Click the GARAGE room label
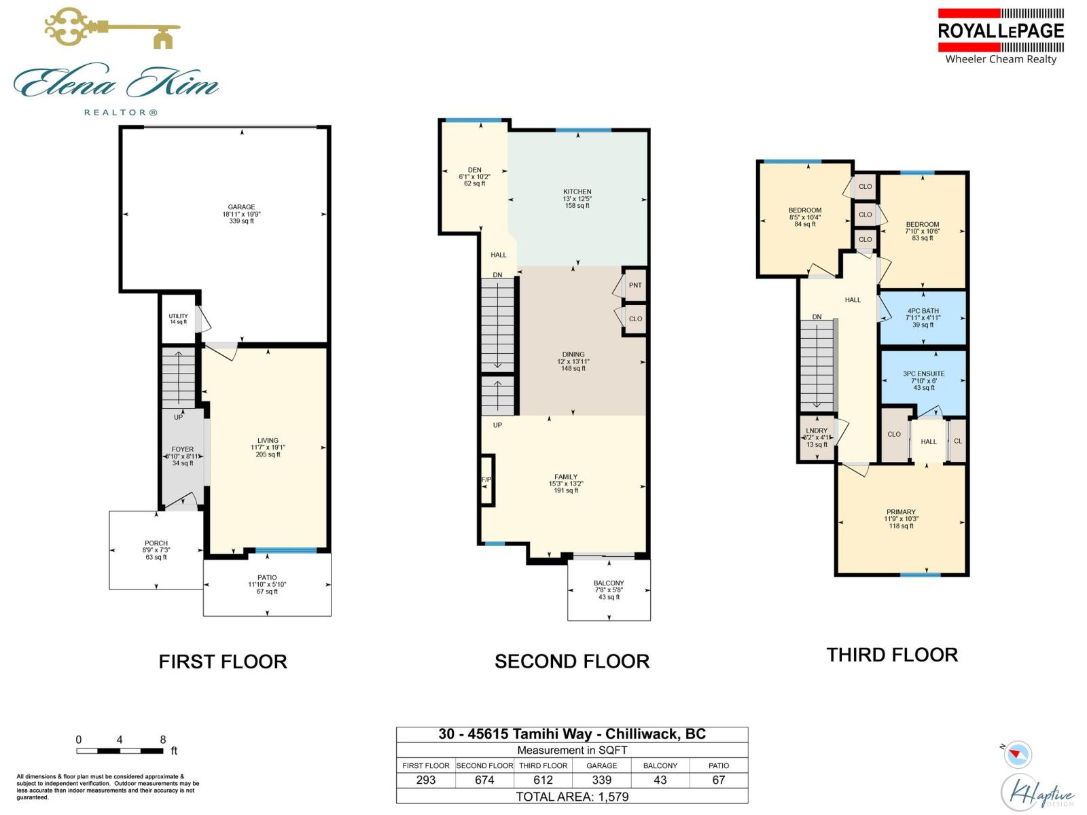tap(241, 208)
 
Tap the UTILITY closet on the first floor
tap(179, 318)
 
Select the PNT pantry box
tap(635, 285)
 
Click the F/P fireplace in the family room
tap(486, 479)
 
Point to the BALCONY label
tap(609, 583)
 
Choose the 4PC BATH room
tap(923, 317)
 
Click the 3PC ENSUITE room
tap(923, 380)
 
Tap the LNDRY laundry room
tap(817, 437)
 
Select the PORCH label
tap(156, 543)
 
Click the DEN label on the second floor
tap(474, 170)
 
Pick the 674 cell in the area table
tap(484, 780)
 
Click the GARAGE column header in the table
tap(602, 765)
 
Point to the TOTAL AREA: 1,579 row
tap(572, 797)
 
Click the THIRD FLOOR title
tap(892, 655)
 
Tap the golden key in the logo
tap(112, 29)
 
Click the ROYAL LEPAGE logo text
tap(1001, 31)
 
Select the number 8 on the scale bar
tap(163, 740)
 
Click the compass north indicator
tap(1017, 753)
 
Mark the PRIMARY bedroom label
tap(901, 512)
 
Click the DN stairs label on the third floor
tap(817, 316)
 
